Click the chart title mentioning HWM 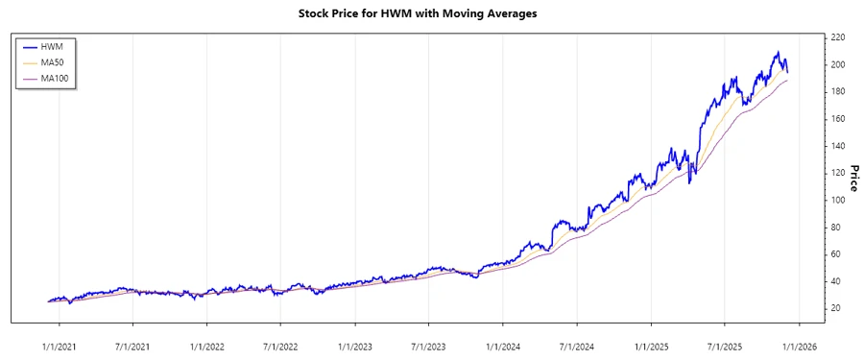[x=432, y=13]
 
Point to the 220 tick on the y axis [x=837, y=37]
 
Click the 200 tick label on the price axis [x=837, y=64]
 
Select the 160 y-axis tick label [x=837, y=119]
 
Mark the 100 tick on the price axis [x=837, y=200]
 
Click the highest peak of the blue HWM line [x=777, y=52]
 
